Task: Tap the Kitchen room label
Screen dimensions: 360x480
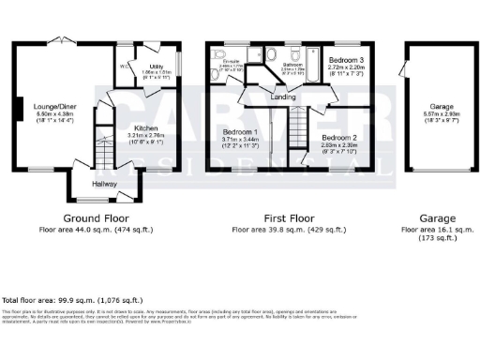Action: point(144,127)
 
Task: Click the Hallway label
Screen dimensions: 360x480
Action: point(104,184)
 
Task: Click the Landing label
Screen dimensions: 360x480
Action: point(284,96)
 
